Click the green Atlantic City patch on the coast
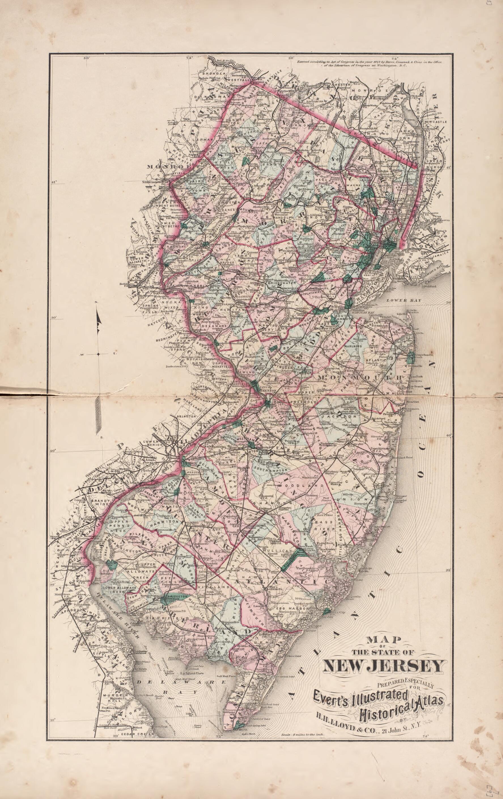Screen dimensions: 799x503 [x=326, y=612]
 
